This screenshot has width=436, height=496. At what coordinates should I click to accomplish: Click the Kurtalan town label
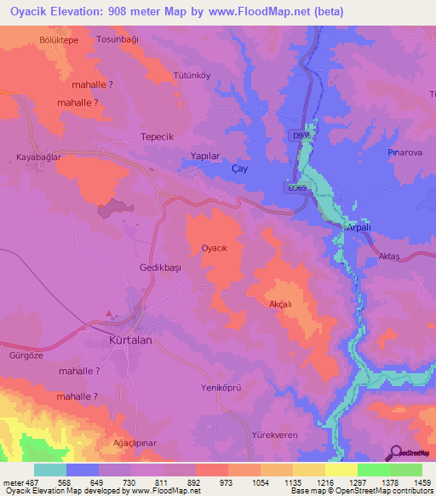(131, 340)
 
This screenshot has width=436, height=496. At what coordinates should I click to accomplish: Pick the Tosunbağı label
(118, 40)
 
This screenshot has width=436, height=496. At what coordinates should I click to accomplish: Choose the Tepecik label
(157, 136)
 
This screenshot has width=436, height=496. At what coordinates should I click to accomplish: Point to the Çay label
(240, 170)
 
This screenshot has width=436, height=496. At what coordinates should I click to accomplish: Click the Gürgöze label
(24, 353)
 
